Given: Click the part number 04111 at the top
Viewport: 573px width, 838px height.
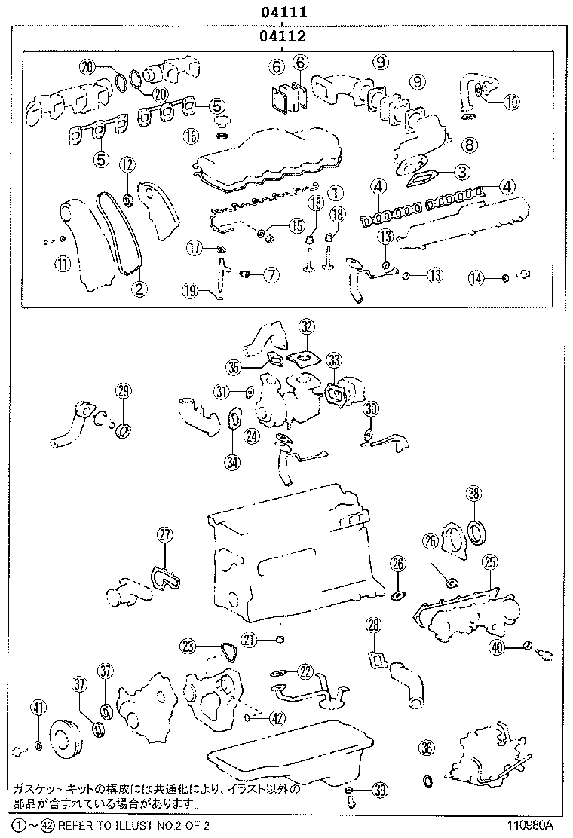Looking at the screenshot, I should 283,12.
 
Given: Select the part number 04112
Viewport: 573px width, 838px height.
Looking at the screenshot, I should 283,35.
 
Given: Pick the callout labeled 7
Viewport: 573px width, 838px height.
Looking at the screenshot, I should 271,275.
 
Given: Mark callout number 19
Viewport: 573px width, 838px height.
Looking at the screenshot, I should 189,289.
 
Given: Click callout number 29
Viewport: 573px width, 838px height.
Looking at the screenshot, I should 124,390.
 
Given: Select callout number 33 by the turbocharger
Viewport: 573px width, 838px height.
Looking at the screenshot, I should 334,359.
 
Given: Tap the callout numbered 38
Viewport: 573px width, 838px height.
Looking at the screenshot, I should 473,494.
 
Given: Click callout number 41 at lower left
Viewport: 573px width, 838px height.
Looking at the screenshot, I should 38,707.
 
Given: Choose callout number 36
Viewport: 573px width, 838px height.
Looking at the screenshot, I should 427,748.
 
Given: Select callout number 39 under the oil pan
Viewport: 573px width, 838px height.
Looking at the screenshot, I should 380,791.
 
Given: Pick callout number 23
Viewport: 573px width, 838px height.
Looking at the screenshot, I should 188,646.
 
